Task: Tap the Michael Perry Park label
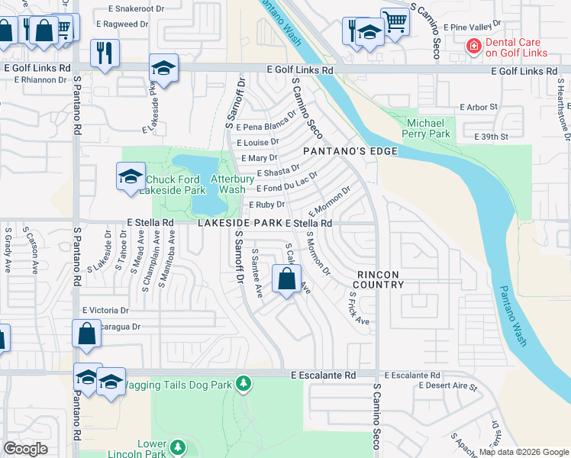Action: (x=428, y=128)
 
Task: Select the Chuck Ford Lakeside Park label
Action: (x=173, y=185)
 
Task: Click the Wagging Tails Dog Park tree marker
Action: (x=244, y=382)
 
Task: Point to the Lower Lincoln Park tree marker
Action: (x=177, y=447)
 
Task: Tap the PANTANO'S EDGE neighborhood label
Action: (x=350, y=151)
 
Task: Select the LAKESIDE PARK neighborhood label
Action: (x=240, y=223)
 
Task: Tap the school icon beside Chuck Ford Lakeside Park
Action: (x=131, y=177)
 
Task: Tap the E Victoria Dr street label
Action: (x=106, y=311)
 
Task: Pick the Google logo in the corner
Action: (x=25, y=448)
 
